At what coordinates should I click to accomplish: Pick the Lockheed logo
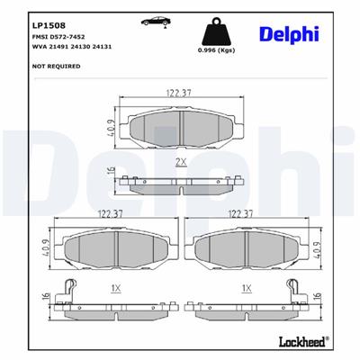pos(306,344)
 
